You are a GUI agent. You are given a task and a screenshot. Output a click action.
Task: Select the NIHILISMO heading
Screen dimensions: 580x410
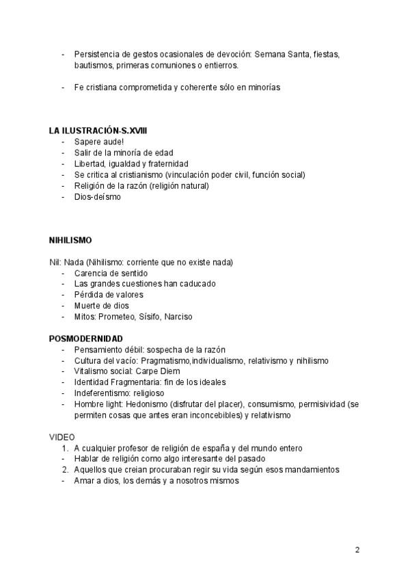(70, 241)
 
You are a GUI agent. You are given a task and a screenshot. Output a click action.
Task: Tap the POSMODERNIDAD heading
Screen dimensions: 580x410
(86, 339)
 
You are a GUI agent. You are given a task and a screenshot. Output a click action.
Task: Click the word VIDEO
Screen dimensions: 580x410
(61, 436)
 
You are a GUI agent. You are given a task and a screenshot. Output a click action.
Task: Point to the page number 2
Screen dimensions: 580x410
(357, 550)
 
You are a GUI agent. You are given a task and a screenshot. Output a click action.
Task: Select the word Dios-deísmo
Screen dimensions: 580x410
(98, 196)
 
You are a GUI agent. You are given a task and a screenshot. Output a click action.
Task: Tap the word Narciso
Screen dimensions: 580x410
(177, 317)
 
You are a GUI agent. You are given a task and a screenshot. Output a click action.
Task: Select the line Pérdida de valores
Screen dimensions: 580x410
(109, 295)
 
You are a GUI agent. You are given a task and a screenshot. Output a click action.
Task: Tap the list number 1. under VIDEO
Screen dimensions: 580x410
(65, 448)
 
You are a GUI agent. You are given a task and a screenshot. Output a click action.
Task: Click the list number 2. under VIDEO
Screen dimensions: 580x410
(65, 470)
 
